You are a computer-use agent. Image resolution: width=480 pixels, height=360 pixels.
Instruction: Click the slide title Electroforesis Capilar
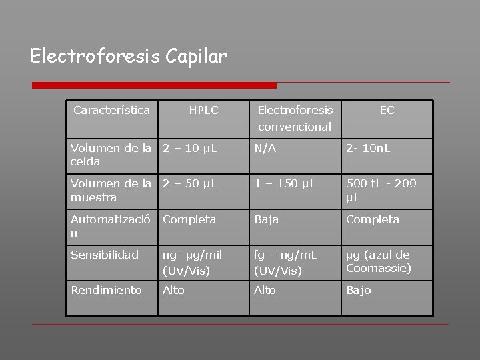click(x=129, y=55)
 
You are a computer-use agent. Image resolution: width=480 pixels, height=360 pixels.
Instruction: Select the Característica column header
click(x=112, y=109)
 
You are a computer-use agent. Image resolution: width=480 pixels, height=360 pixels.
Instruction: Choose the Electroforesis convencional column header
click(x=295, y=117)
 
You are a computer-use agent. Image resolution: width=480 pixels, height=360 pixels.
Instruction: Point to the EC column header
click(x=387, y=110)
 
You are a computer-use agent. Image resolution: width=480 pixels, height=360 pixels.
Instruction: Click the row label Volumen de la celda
click(x=112, y=155)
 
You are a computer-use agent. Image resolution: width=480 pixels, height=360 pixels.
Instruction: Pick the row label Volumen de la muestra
click(x=112, y=191)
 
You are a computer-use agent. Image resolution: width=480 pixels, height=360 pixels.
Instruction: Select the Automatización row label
click(x=112, y=226)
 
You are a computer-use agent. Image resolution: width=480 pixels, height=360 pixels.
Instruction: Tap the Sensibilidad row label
click(x=103, y=255)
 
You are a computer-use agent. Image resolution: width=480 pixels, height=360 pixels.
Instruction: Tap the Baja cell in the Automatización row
click(x=267, y=219)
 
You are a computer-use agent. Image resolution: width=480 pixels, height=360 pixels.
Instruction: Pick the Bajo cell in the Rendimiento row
click(x=359, y=290)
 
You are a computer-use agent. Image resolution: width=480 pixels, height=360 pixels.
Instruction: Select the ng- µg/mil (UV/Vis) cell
click(x=193, y=262)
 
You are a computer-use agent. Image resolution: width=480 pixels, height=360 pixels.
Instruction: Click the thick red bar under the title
click(x=155, y=85)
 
